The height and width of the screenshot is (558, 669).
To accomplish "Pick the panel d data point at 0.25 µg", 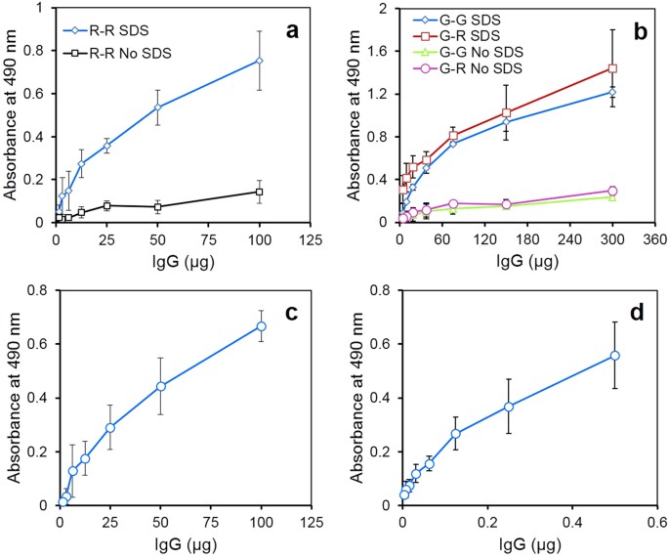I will click(x=509, y=407).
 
